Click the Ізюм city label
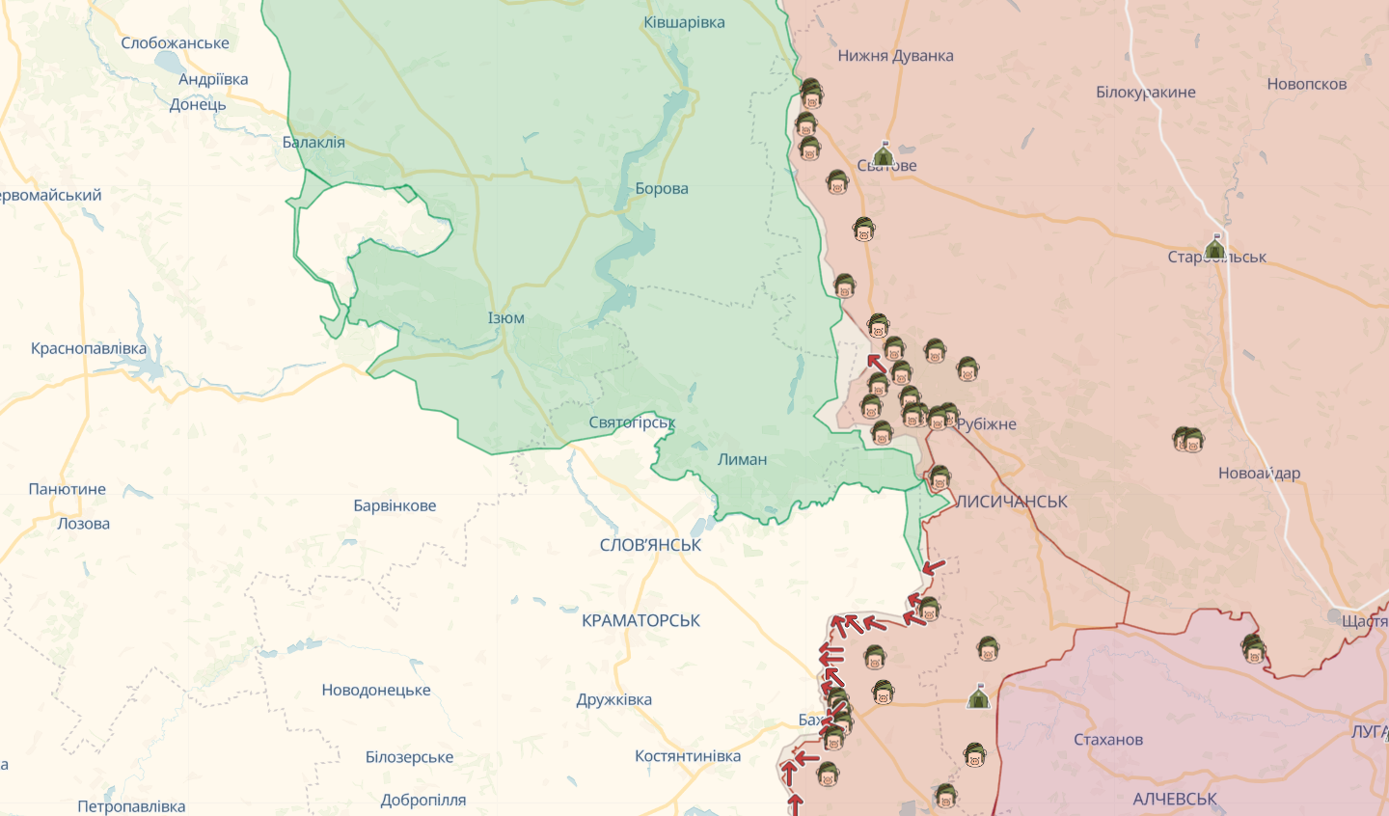(x=506, y=318)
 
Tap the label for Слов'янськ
(x=650, y=545)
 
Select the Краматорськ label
(x=640, y=620)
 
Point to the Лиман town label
(x=742, y=459)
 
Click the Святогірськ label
(x=632, y=422)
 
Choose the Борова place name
(x=662, y=188)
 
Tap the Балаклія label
(x=313, y=142)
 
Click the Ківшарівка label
(x=684, y=22)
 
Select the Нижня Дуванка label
(x=895, y=56)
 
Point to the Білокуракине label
(x=1145, y=93)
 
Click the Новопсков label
(x=1306, y=84)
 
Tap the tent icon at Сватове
(x=883, y=154)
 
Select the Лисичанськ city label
(x=1011, y=502)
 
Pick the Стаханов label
(x=1107, y=740)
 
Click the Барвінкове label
(x=395, y=505)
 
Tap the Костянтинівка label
(x=688, y=756)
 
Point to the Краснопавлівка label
(x=89, y=348)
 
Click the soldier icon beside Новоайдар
(x=1188, y=441)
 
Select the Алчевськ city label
(x=1174, y=799)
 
